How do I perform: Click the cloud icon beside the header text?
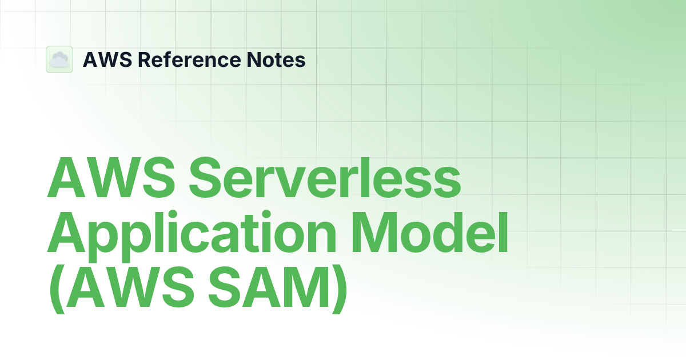[59, 59]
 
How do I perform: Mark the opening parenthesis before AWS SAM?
[55, 293]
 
